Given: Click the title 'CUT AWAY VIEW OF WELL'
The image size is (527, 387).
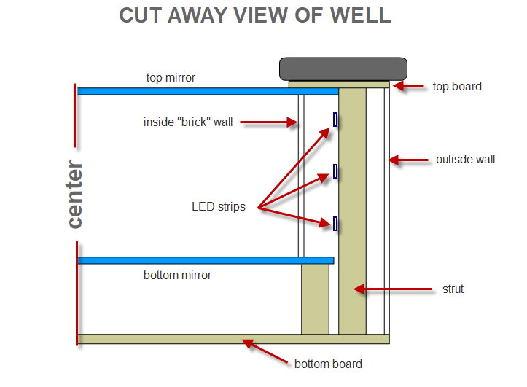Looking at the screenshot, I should pyautogui.click(x=255, y=15).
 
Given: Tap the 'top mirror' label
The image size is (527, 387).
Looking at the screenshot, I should pyautogui.click(x=171, y=77).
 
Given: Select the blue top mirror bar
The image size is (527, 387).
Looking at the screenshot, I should pyautogui.click(x=208, y=91).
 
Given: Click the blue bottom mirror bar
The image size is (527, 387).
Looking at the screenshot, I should pyautogui.click(x=205, y=260).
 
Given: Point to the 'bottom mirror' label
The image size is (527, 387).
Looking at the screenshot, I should pyautogui.click(x=177, y=275).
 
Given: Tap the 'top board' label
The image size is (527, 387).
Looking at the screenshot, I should pyautogui.click(x=457, y=86).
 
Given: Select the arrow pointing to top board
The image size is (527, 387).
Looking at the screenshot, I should pyautogui.click(x=410, y=86).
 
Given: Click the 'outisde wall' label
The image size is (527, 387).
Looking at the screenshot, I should pyautogui.click(x=465, y=159).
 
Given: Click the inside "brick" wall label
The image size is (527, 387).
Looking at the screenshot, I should pyautogui.click(x=188, y=122).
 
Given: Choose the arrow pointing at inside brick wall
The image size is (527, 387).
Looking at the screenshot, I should pyautogui.click(x=270, y=122).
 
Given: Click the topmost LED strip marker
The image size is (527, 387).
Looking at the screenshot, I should pyautogui.click(x=335, y=120).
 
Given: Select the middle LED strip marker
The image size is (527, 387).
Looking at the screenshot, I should pyautogui.click(x=335, y=171).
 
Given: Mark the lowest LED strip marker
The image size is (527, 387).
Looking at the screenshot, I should pyautogui.click(x=335, y=224).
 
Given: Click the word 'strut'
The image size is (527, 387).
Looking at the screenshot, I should pyautogui.click(x=453, y=289).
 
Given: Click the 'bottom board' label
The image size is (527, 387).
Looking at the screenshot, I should pyautogui.click(x=328, y=364).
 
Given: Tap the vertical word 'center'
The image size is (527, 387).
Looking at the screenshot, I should pyautogui.click(x=74, y=195).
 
